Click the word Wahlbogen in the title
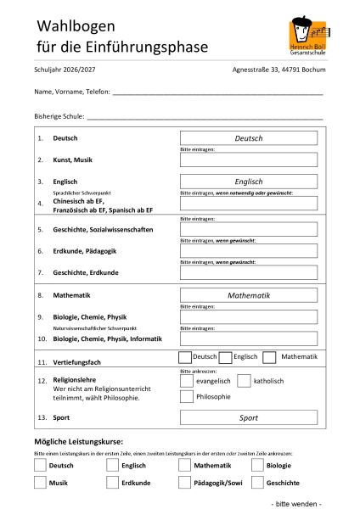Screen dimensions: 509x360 point(74,24)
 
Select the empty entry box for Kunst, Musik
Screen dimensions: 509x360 point(249,159)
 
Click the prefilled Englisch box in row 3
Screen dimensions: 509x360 point(249,181)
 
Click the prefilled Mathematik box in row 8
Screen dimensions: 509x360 point(249,295)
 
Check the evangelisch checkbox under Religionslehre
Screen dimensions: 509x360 point(187,381)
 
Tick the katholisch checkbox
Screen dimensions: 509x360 point(244,381)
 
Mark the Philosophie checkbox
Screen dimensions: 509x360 point(187,397)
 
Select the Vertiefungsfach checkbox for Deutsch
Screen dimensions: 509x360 point(185,357)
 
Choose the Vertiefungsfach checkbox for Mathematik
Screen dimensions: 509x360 point(269,357)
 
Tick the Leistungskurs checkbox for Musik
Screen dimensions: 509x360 point(40,483)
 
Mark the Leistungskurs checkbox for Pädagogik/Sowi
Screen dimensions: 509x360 point(185,483)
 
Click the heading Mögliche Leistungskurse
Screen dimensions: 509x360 point(78,441)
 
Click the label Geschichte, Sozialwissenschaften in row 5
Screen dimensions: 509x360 point(103,229)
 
